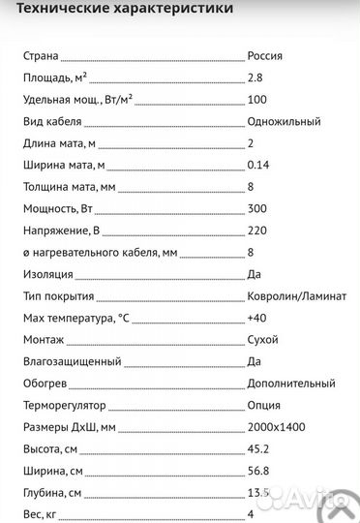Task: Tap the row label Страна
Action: coord(42,56)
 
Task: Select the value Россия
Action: coord(266,56)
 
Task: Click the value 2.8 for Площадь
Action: coord(255,77)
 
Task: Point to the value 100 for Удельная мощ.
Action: coord(257,100)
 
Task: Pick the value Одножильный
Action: coord(284,122)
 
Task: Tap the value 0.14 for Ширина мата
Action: coord(259,166)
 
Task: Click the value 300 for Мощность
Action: coord(257,209)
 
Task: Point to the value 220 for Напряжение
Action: coord(257,231)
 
